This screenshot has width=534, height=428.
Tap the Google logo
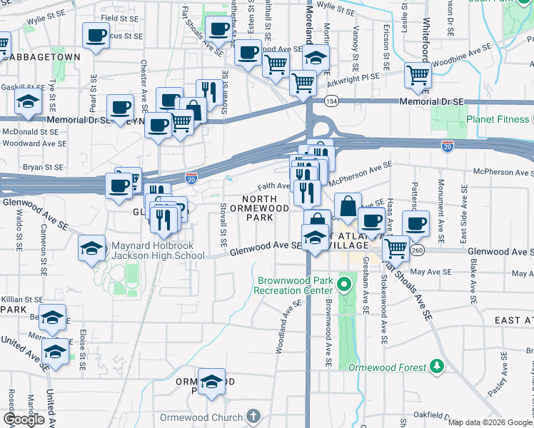(x=24, y=419)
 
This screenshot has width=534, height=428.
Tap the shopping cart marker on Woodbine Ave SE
(x=418, y=73)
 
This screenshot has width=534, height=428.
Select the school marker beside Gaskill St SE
(x=28, y=103)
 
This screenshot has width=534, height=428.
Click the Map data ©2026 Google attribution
(x=490, y=422)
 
